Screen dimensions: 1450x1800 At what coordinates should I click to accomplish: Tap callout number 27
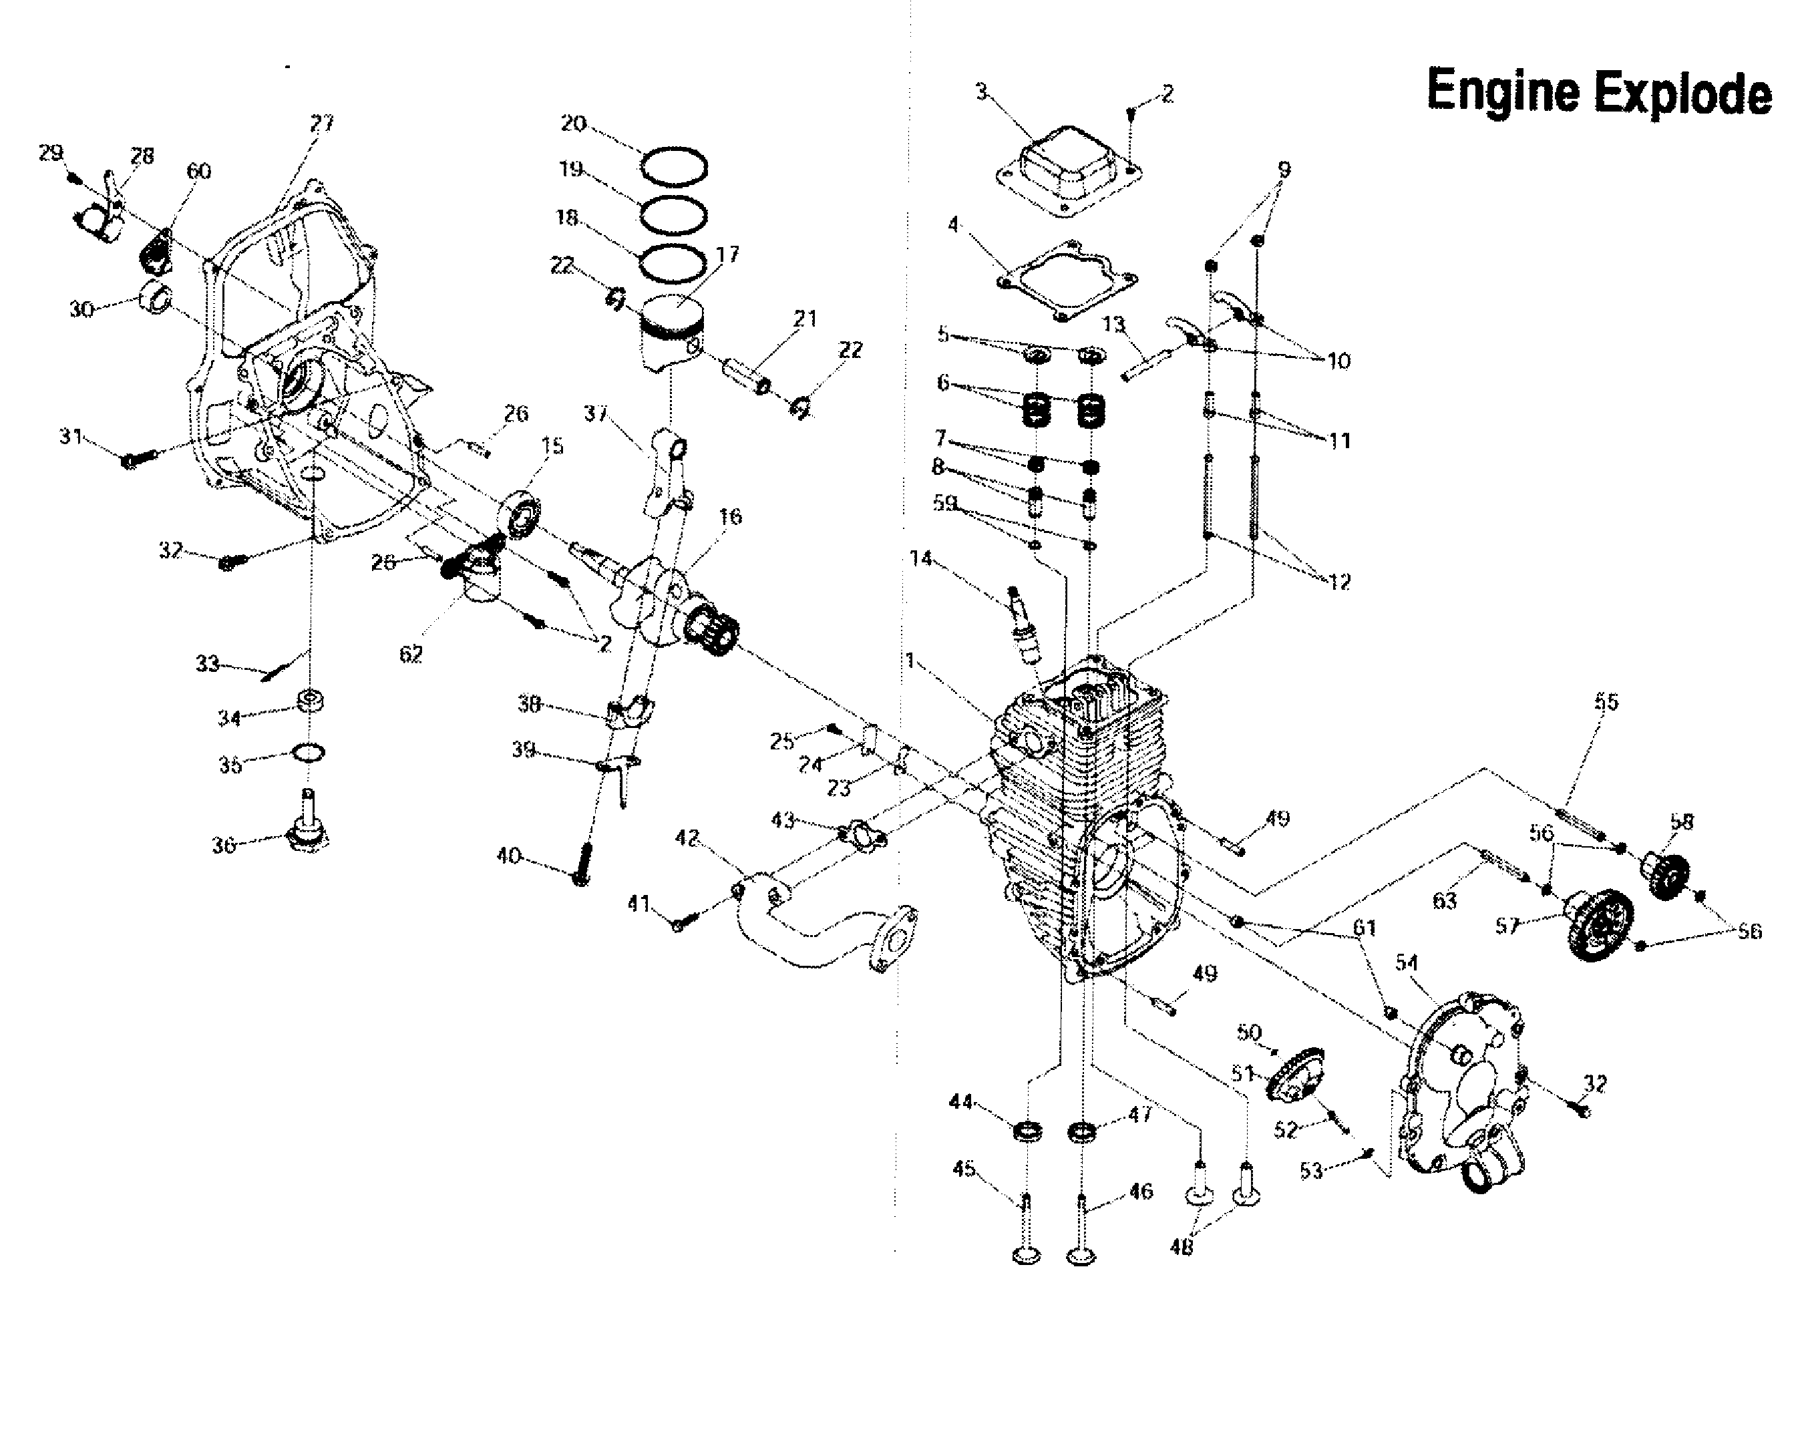321,124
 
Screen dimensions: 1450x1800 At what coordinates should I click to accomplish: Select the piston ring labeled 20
674,166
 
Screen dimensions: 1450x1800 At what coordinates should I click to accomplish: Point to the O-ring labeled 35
309,753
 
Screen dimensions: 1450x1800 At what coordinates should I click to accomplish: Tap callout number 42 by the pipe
687,838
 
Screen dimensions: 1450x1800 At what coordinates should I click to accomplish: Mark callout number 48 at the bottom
1181,1247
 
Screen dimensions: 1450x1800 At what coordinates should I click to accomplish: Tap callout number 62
410,654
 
